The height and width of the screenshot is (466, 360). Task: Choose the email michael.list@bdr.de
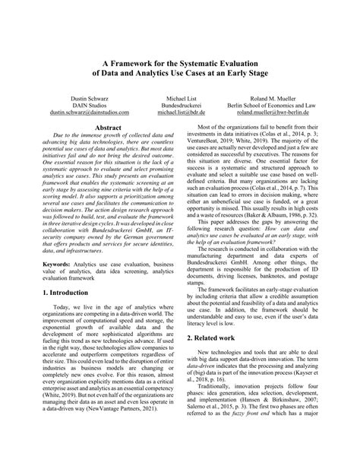pos(181,111)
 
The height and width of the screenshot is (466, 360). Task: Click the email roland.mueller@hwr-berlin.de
pos(279,111)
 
